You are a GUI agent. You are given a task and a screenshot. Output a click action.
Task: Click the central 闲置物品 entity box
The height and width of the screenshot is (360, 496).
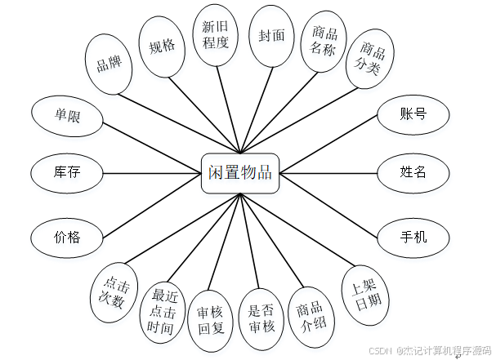(x=239, y=171)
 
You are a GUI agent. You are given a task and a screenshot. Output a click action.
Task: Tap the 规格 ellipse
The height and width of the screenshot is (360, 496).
(x=163, y=46)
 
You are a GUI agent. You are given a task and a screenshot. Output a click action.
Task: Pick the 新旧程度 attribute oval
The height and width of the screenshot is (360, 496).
(x=216, y=34)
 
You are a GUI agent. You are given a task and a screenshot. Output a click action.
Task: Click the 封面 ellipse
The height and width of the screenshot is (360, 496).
(x=271, y=36)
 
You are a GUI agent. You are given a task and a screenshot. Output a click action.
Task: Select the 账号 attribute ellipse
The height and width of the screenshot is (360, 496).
(x=413, y=114)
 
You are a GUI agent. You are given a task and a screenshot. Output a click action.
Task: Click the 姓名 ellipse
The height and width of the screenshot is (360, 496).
(x=413, y=172)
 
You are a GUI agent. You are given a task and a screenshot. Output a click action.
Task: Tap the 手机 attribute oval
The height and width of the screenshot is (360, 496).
(x=413, y=237)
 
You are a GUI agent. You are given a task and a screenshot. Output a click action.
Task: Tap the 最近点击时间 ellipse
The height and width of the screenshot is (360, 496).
(x=161, y=312)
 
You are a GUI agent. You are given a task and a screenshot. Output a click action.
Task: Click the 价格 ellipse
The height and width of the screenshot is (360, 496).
(x=67, y=238)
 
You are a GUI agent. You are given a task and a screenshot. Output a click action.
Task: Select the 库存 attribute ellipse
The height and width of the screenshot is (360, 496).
(x=67, y=172)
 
